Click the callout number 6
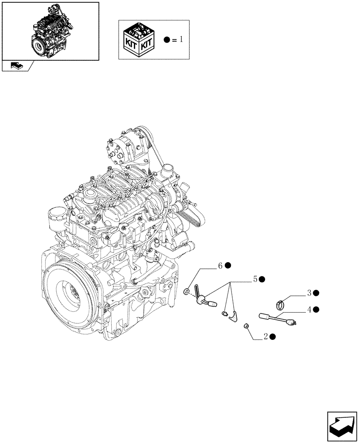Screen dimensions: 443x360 [x=219, y=266]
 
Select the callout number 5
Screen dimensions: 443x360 [x=255, y=279]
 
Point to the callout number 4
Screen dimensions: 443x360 [x=309, y=309]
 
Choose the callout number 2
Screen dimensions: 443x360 [x=266, y=337]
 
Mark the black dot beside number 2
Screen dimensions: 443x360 [x=273, y=337]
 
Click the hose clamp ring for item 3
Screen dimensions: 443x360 [x=281, y=304]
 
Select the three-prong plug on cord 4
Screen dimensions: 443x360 [x=292, y=322]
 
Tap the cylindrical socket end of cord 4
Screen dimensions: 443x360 [x=265, y=316]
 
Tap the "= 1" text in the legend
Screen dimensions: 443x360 [x=177, y=40]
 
